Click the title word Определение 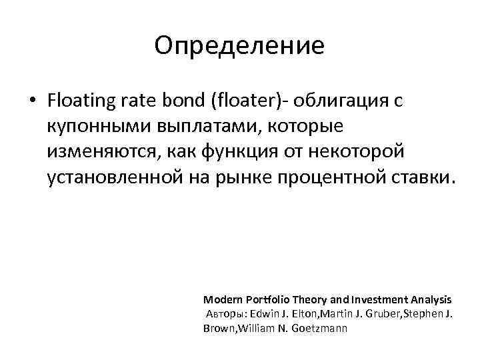click(x=239, y=46)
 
